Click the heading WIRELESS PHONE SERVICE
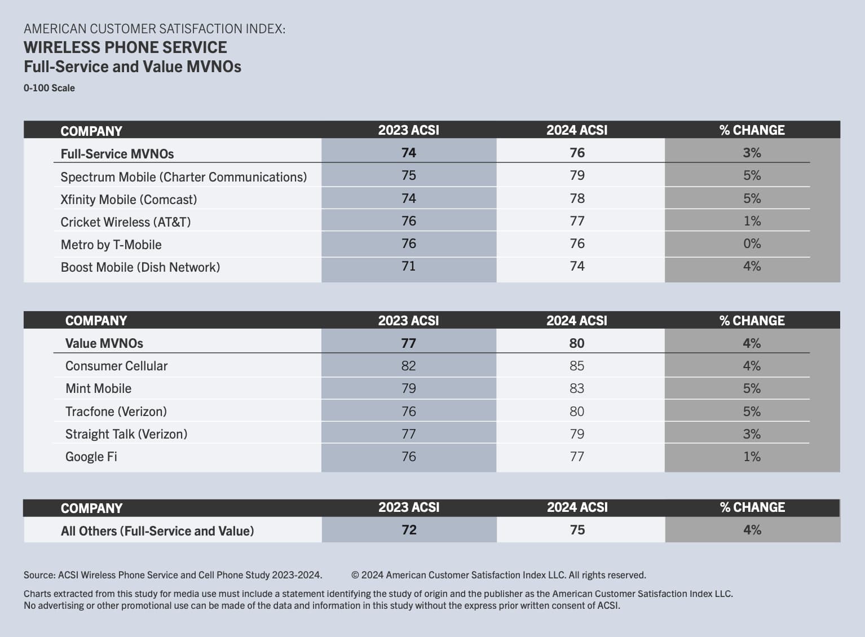[125, 47]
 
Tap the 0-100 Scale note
[49, 88]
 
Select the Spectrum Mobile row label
[183, 177]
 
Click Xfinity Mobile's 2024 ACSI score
[577, 198]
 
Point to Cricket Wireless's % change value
[752, 221]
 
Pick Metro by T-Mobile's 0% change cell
[752, 244]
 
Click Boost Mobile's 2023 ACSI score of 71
[408, 266]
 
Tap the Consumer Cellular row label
[116, 366]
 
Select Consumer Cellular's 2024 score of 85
[577, 366]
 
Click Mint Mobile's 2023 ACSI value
[408, 388]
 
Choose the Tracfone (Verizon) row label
[116, 412]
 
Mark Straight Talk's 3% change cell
[752, 434]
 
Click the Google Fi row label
[91, 457]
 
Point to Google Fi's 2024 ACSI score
[577, 457]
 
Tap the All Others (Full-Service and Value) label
[157, 531]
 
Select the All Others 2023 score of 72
[409, 530]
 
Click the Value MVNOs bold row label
[104, 343]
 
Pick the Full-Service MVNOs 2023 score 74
[408, 153]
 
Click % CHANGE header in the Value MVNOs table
[752, 321]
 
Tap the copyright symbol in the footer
[355, 575]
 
